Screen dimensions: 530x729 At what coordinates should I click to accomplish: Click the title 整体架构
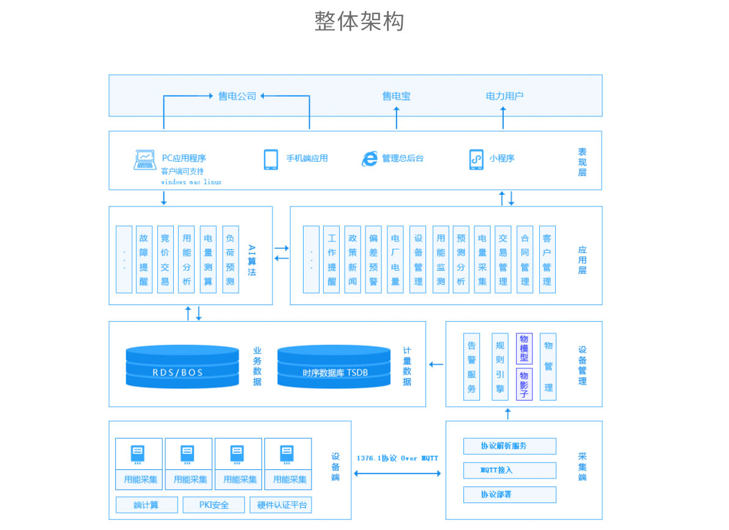click(x=359, y=21)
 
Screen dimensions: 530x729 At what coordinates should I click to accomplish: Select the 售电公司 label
click(x=237, y=96)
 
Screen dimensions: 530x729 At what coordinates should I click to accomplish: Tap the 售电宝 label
click(x=396, y=96)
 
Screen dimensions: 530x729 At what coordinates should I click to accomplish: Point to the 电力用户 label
click(x=504, y=96)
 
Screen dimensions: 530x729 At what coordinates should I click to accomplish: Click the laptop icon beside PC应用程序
click(x=145, y=160)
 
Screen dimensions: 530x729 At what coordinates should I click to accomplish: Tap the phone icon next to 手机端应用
click(x=271, y=159)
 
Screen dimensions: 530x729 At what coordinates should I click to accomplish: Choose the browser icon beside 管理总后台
click(x=370, y=159)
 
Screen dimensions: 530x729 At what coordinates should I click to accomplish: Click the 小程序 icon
click(x=476, y=159)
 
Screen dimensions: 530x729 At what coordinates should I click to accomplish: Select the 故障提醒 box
click(x=144, y=260)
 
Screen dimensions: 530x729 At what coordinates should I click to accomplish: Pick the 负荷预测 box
click(x=230, y=260)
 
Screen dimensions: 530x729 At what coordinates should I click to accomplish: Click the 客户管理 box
click(x=547, y=260)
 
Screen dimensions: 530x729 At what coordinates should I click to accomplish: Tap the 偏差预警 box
click(x=373, y=260)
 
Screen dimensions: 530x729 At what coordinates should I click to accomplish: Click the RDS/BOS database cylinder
click(x=182, y=366)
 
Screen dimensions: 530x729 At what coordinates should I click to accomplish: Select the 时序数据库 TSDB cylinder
click(x=334, y=366)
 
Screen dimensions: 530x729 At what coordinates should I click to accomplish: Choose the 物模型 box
click(x=524, y=349)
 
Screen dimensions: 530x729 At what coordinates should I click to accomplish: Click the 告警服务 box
click(x=471, y=366)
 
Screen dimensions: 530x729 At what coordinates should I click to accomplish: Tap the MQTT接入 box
click(x=510, y=471)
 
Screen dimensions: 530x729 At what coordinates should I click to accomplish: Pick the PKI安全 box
click(x=214, y=505)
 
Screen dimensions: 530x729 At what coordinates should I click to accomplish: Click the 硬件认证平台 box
click(x=281, y=505)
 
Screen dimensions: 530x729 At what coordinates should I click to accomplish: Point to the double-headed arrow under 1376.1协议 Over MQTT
click(x=397, y=473)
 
